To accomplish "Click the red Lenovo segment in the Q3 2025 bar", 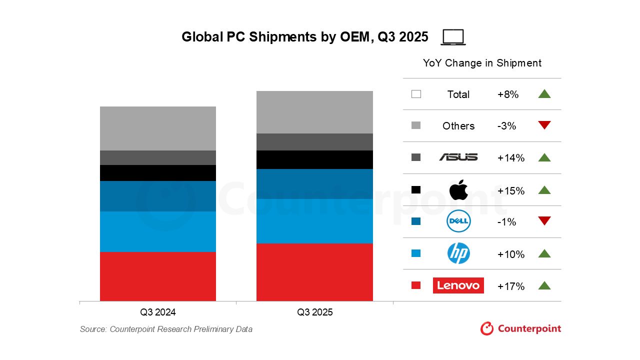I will (314, 272).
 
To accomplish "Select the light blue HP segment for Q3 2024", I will (158, 231).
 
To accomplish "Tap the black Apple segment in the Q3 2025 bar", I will (314, 159).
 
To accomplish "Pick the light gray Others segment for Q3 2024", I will (158, 128).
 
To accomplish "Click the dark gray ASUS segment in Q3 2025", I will (314, 142).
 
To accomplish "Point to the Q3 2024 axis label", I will (158, 312).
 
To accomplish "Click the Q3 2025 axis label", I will (314, 312).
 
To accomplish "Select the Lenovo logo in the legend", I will (458, 285).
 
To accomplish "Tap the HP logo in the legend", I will (458, 253).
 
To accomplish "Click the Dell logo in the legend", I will (458, 221).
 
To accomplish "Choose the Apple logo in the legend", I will (458, 190).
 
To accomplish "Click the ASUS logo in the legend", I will (458, 157).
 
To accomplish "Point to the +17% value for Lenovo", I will (510, 286).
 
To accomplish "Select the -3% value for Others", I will (506, 126).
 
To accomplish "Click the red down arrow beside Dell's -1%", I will (544, 221).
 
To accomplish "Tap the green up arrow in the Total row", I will (544, 93).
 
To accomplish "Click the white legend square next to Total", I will (416, 94).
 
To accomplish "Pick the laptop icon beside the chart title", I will (453, 37).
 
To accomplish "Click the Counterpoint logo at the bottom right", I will (520, 328).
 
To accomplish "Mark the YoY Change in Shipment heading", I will (482, 63).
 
